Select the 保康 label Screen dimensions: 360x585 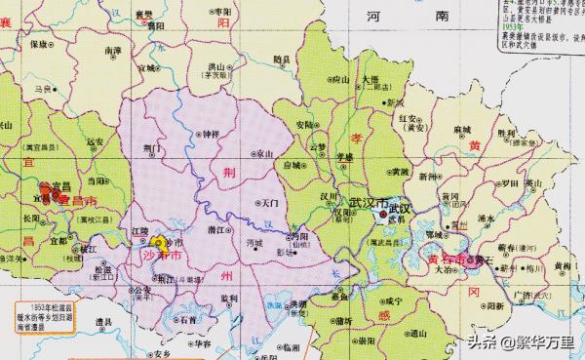pyautogui.click(x=40, y=45)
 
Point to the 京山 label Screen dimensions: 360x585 pyautogui.click(x=265, y=154)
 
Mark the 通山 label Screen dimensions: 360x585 pyautogui.click(x=421, y=333)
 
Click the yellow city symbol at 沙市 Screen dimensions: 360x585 pyautogui.click(x=158, y=240)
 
